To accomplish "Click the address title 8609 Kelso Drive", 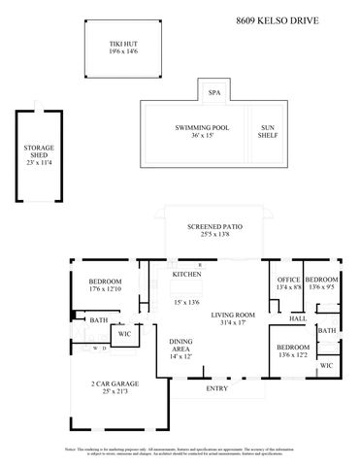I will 292,19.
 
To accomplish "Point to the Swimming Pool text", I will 203,127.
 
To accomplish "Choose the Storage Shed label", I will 39,150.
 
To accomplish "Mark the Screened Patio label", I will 214,226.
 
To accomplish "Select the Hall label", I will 298,317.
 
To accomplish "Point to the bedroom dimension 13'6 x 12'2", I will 293,355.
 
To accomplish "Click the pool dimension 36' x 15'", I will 203,136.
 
